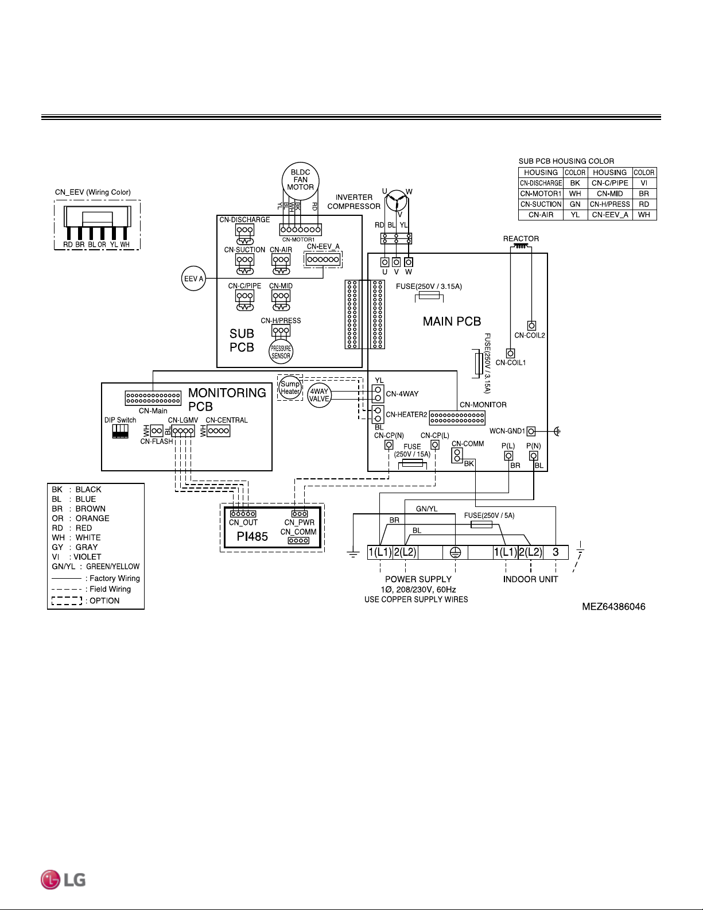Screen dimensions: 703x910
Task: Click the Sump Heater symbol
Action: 290,388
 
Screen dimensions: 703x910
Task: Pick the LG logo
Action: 63,880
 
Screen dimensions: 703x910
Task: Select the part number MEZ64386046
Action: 613,606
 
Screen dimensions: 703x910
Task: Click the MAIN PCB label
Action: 452,321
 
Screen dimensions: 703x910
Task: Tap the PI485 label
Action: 252,536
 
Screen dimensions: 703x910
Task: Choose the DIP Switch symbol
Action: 120,431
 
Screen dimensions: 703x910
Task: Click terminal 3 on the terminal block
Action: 556,552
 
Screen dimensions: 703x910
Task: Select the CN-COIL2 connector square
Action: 531,326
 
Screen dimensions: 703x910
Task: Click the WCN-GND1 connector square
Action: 531,431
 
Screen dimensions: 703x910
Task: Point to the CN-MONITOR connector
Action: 457,417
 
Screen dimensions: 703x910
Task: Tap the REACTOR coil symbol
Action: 521,247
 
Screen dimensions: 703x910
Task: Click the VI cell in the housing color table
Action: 643,183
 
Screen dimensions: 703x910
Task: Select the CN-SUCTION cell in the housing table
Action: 541,204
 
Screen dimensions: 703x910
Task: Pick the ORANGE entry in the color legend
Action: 80,518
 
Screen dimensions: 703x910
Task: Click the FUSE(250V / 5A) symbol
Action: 481,525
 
